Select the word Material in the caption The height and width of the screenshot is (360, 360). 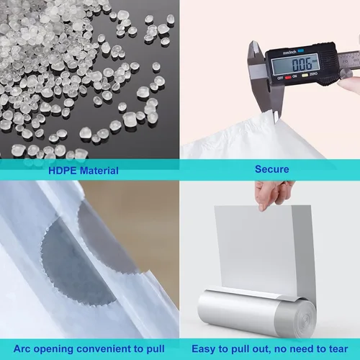[99, 171]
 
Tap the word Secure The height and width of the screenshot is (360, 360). [272, 169]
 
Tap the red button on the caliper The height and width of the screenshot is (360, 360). [288, 77]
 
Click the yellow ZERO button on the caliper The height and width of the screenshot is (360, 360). [305, 76]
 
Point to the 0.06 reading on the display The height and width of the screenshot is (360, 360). [302, 64]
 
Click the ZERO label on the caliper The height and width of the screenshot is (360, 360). [313, 74]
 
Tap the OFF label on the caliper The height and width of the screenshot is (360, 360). [280, 78]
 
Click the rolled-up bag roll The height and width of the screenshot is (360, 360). [257, 312]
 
